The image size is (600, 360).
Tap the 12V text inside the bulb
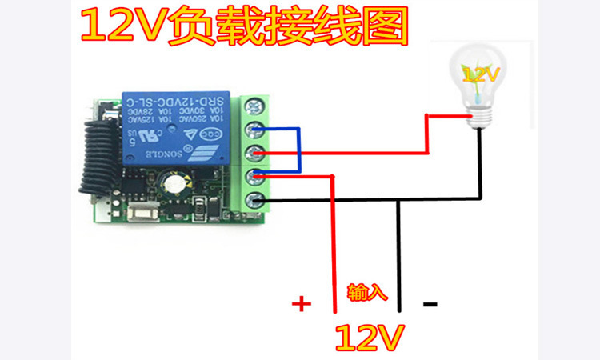point(480,75)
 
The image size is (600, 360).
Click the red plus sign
point(301,304)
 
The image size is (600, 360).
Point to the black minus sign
point(430,304)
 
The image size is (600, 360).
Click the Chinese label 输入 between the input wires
point(367,293)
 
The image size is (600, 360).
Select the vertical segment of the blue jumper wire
point(298,149)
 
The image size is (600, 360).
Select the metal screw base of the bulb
point(479,116)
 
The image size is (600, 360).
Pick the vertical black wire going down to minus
point(398,256)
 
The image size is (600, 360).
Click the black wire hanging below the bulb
point(480,160)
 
